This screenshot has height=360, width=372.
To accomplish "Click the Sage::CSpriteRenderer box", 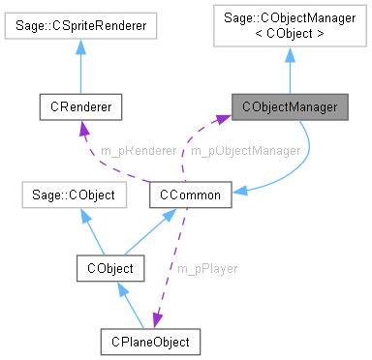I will coord(86,26).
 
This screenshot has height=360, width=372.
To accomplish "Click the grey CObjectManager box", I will coord(289,106).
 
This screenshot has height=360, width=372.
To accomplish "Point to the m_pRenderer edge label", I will coord(138,151).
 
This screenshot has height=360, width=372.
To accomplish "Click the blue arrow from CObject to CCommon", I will coord(150,231).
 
